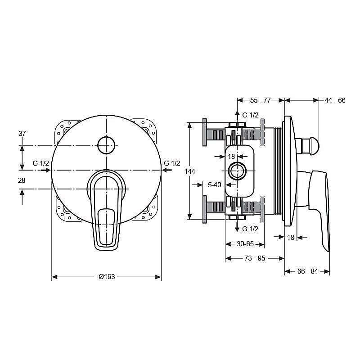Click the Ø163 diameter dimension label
107,277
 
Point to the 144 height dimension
190,171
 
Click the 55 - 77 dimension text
261,100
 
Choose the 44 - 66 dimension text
335,100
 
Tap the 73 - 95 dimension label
255,258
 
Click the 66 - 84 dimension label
308,271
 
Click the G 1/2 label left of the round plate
41,163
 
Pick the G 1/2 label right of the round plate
172,163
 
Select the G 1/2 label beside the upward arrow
251,115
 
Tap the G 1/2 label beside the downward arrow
251,229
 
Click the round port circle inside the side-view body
237,171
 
